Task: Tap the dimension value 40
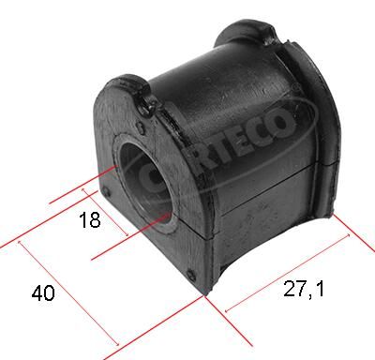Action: coord(43,292)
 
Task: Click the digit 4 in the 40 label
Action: coord(37,292)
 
